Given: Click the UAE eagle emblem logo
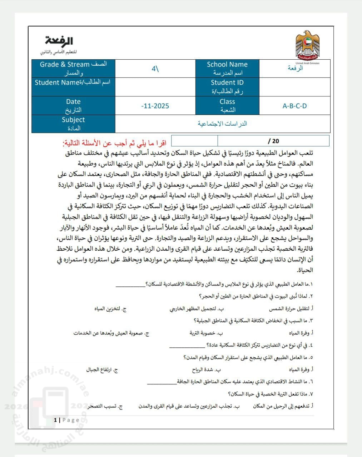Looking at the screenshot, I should (308, 45).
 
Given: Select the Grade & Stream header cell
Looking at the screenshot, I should (73, 69).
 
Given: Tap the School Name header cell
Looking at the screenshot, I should (227, 69).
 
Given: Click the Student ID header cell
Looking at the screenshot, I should (227, 87).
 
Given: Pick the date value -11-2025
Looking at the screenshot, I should (155, 106).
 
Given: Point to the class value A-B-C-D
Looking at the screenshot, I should (294, 106).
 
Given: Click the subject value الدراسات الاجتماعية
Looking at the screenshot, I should (222, 124).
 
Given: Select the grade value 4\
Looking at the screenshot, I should (155, 69).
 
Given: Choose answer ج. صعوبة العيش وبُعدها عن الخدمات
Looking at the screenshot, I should (111, 333).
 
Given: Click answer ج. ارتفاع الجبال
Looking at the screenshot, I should (102, 370).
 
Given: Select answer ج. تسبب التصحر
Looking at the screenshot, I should (105, 406).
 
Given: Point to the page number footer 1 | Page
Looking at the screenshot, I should (66, 420).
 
